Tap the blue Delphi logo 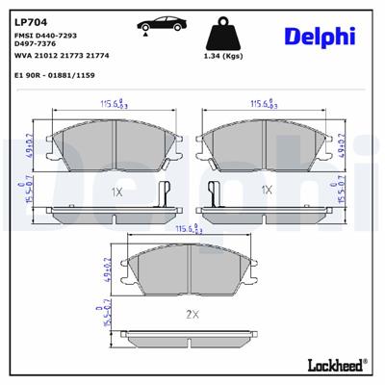(x=320, y=37)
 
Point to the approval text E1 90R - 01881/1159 (x=54, y=73)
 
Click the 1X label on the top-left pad (x=116, y=192)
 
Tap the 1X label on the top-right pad (x=267, y=191)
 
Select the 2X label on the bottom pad (x=191, y=314)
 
